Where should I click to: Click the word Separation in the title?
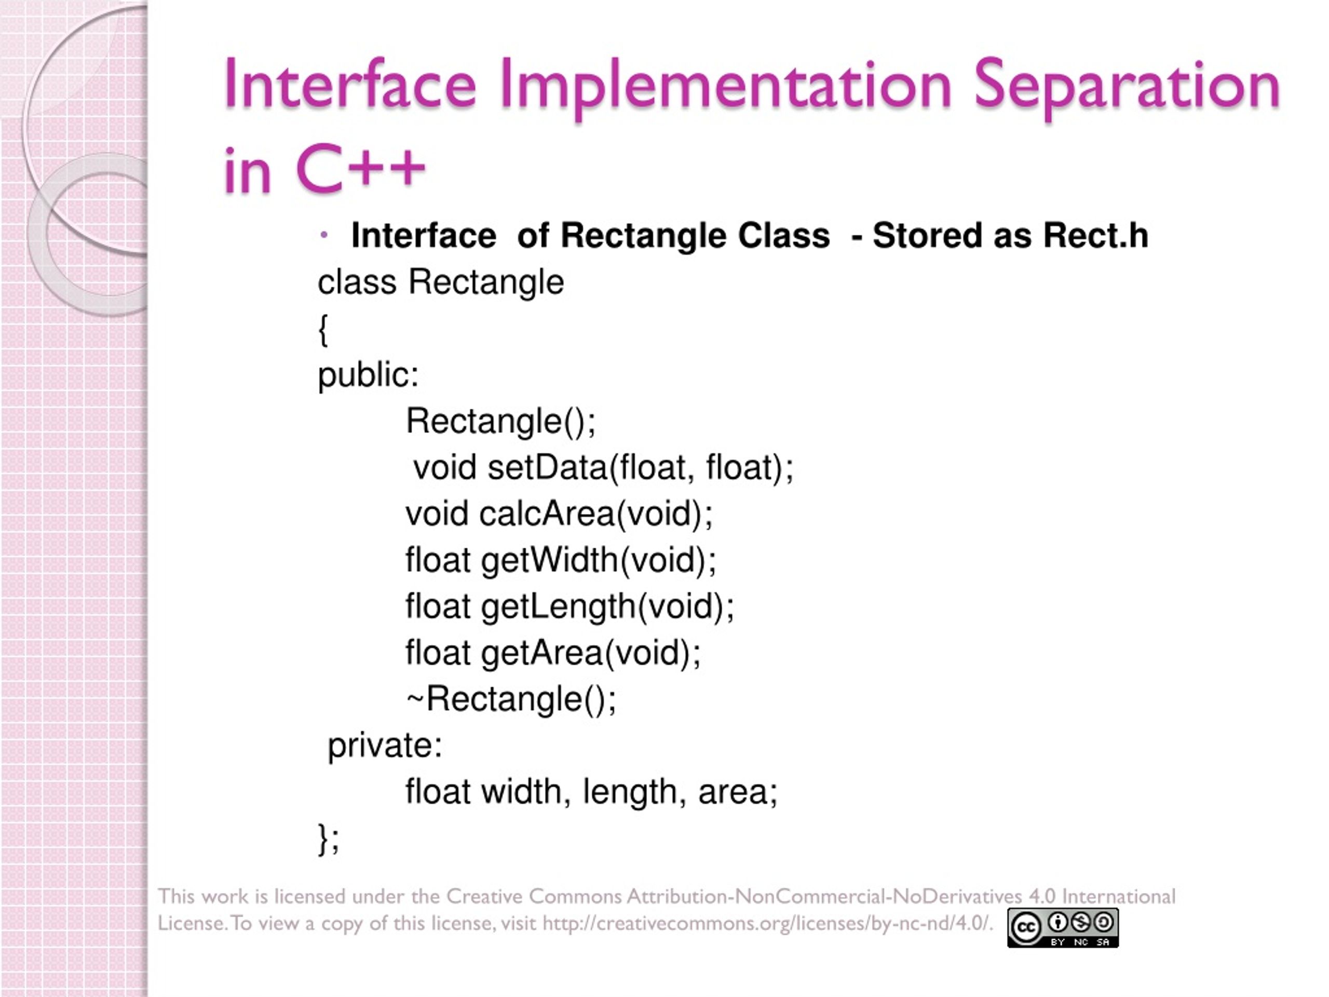(1127, 85)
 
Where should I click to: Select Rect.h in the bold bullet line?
(1095, 235)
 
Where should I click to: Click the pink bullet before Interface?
(324, 235)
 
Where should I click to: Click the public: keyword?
(368, 375)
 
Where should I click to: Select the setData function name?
(547, 467)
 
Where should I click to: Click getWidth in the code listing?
(549, 561)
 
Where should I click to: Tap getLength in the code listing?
(558, 607)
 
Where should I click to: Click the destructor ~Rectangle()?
(511, 699)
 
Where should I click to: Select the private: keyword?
(385, 746)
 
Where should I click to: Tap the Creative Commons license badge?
(1062, 927)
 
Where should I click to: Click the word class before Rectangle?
(357, 282)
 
